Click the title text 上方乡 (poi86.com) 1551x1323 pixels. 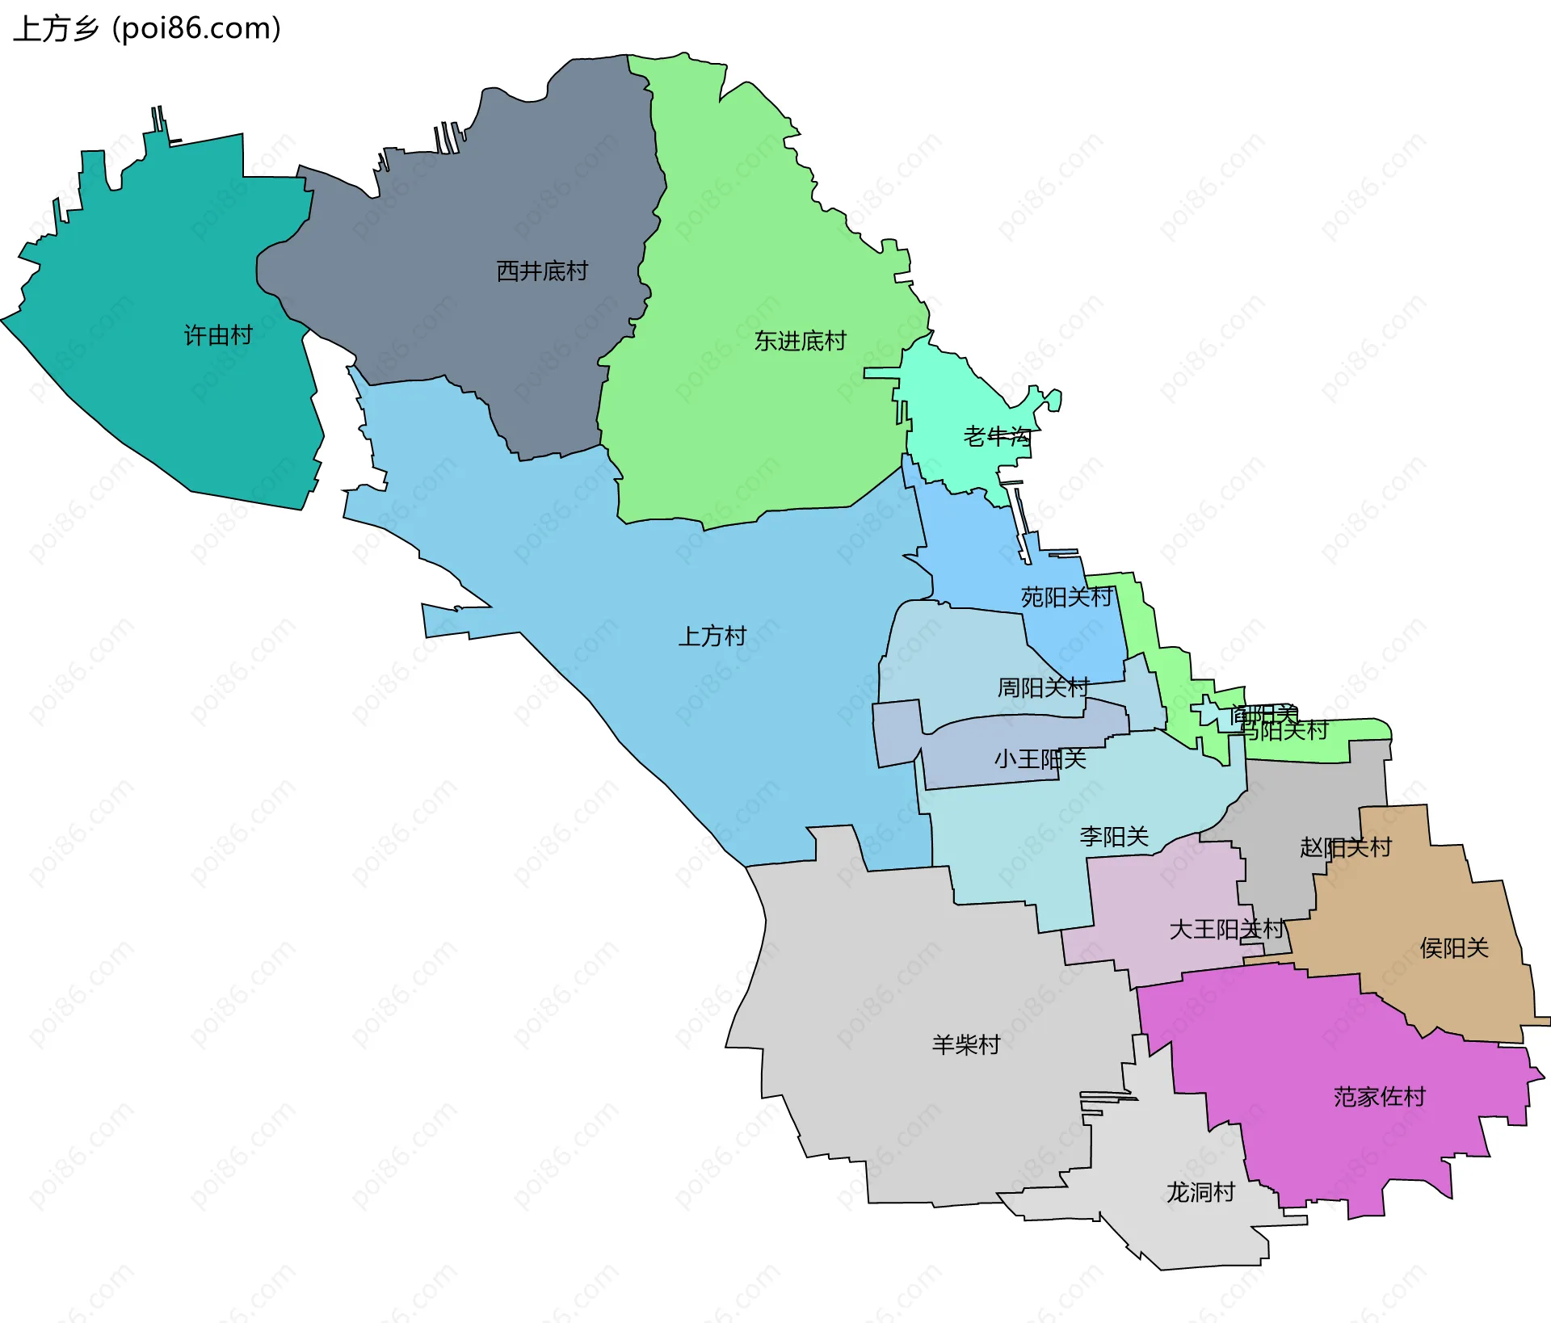click(147, 28)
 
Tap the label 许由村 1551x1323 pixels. click(218, 335)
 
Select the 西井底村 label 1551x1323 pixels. click(542, 271)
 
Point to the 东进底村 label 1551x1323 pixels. click(800, 341)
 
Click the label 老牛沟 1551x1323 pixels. click(997, 437)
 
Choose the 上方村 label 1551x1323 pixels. click(712, 636)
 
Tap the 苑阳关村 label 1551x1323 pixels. click(1066, 598)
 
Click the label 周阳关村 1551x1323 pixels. click(1043, 687)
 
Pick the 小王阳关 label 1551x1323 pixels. click(1040, 759)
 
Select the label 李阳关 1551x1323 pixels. click(1114, 837)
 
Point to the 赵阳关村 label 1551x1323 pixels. click(1346, 847)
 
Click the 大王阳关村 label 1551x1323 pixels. click(1226, 930)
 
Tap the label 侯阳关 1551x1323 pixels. click(1454, 948)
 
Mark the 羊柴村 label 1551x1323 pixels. click(966, 1045)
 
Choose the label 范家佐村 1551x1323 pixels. click(1380, 1097)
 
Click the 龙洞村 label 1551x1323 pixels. click(1200, 1192)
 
